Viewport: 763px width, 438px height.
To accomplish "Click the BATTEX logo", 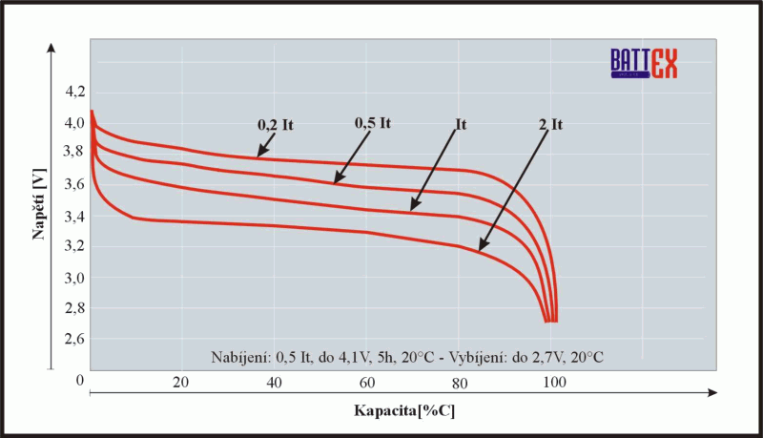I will [x=644, y=63].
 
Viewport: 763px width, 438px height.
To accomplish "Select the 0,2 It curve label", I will [x=274, y=123].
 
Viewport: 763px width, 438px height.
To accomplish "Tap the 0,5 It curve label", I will [x=373, y=123].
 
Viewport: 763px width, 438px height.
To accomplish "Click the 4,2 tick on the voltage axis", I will [x=73, y=92].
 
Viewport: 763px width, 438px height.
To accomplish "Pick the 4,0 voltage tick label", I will [x=73, y=122].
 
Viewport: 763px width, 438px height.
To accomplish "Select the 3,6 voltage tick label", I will [x=73, y=184].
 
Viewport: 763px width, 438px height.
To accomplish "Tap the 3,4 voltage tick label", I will [x=73, y=216].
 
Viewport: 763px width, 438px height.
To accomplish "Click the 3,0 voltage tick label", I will [x=73, y=278].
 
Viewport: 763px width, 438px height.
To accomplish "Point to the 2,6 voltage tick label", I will [x=73, y=340].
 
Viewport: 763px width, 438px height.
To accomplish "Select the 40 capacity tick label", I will [x=274, y=383].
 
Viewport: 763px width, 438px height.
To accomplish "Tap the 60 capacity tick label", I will [x=366, y=383].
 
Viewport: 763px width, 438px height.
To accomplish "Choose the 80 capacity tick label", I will [x=459, y=383].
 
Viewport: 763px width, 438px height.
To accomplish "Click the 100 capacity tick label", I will [x=553, y=383].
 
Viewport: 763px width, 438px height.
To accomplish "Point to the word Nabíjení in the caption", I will [x=240, y=356].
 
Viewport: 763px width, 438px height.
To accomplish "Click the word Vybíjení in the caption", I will [x=481, y=356].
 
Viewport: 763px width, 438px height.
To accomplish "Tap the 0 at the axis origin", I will [x=81, y=382].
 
